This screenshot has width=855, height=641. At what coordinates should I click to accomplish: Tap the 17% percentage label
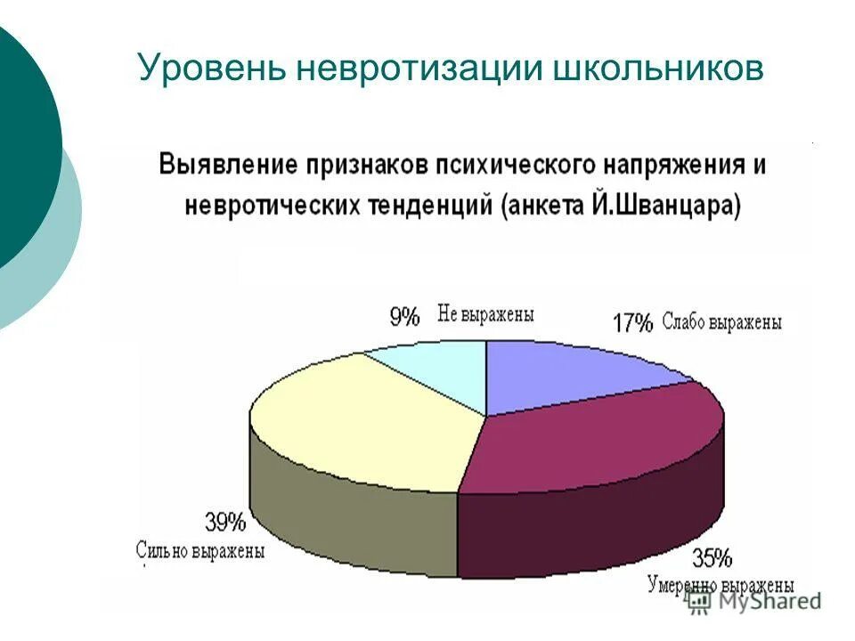click(632, 323)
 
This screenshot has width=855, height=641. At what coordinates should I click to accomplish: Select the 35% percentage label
click(712, 559)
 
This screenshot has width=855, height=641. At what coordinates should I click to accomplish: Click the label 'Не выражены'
click(485, 313)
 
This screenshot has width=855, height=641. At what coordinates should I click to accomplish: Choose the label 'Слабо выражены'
click(722, 323)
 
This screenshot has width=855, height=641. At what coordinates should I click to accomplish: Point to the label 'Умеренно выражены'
click(720, 585)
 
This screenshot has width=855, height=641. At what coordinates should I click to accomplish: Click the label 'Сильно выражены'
click(200, 550)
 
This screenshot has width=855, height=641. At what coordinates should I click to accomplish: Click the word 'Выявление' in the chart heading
click(226, 166)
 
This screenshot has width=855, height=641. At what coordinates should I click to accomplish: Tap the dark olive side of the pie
click(356, 525)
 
